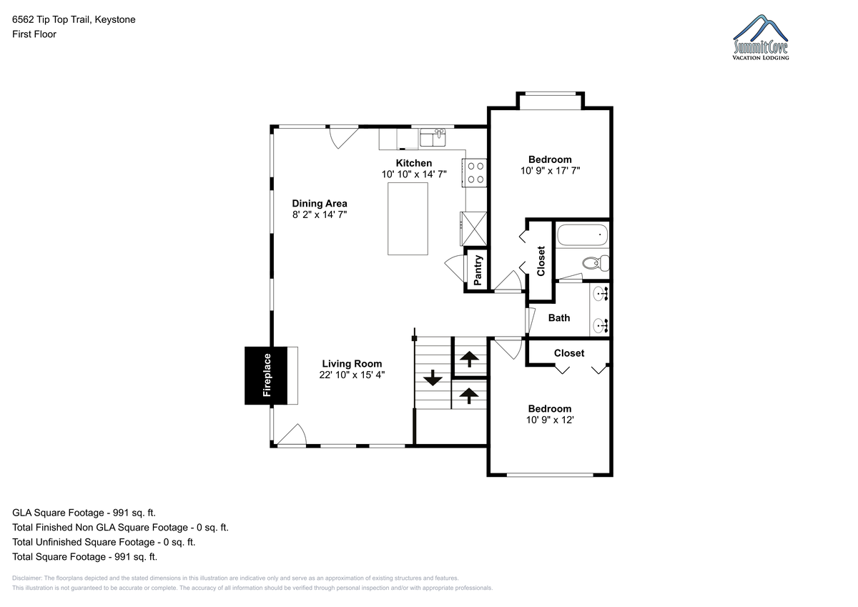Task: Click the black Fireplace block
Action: click(x=266, y=375)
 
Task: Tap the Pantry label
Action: click(x=478, y=270)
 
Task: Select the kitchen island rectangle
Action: click(x=408, y=219)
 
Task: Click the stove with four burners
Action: click(x=475, y=173)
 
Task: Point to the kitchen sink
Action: click(x=433, y=137)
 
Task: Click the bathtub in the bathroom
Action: click(x=582, y=235)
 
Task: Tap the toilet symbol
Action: click(x=596, y=262)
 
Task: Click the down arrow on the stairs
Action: click(x=433, y=377)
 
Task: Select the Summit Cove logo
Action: click(x=761, y=37)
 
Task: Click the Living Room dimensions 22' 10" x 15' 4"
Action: click(x=352, y=375)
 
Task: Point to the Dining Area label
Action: click(x=320, y=203)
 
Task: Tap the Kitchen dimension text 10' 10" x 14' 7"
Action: click(x=414, y=174)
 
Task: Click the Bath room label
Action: click(x=559, y=318)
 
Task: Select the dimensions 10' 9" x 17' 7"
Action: click(x=550, y=170)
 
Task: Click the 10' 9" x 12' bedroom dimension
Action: click(x=550, y=420)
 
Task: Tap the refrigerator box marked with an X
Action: click(x=474, y=229)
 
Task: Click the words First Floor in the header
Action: click(x=34, y=34)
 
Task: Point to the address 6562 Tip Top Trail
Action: click(x=51, y=19)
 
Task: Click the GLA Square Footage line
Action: click(x=84, y=513)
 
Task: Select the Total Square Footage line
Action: click(x=84, y=556)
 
